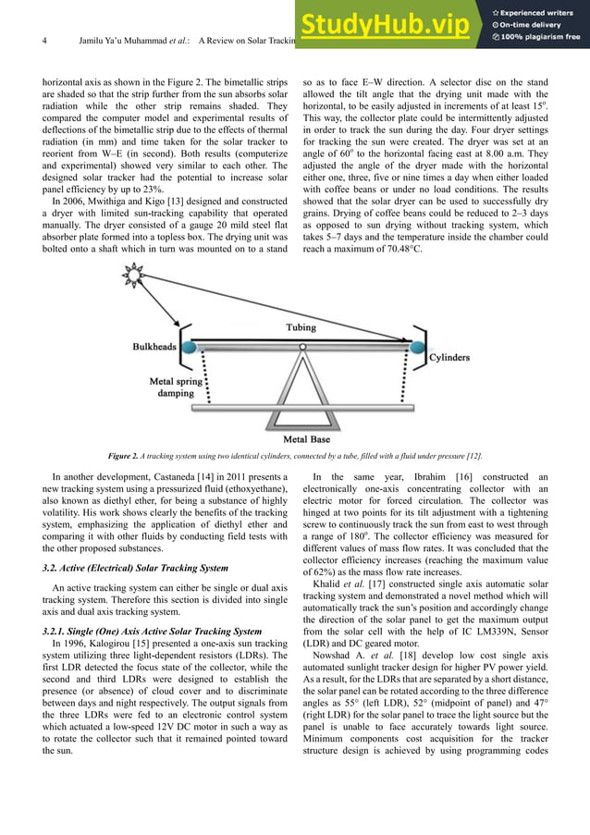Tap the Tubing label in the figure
[x=300, y=327]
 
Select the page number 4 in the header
[x=44, y=41]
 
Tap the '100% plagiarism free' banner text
[x=542, y=37]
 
